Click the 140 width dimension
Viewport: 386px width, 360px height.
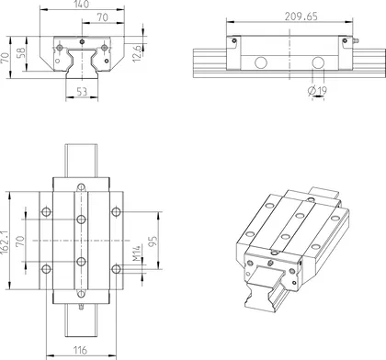pyautogui.click(x=81, y=6)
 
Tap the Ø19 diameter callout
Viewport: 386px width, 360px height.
pyautogui.click(x=320, y=90)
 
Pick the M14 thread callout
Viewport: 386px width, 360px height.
pyautogui.click(x=135, y=258)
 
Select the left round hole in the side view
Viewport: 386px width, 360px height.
pyautogui.click(x=260, y=62)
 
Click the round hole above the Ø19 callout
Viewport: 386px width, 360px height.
pyautogui.click(x=318, y=62)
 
